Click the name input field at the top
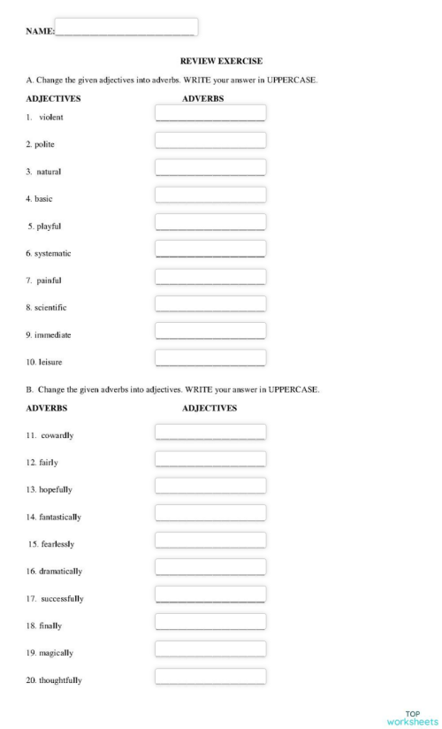pos(126,27)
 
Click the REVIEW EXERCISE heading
pos(221,61)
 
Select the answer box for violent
pos(210,113)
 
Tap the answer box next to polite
pos(210,141)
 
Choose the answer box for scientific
pos(210,304)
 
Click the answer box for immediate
pos(210,331)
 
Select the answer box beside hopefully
pos(210,486)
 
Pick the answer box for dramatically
pos(210,567)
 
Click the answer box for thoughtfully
pos(210,677)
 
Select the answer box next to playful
pos(210,222)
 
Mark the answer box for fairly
pos(210,459)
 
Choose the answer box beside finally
pos(210,622)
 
